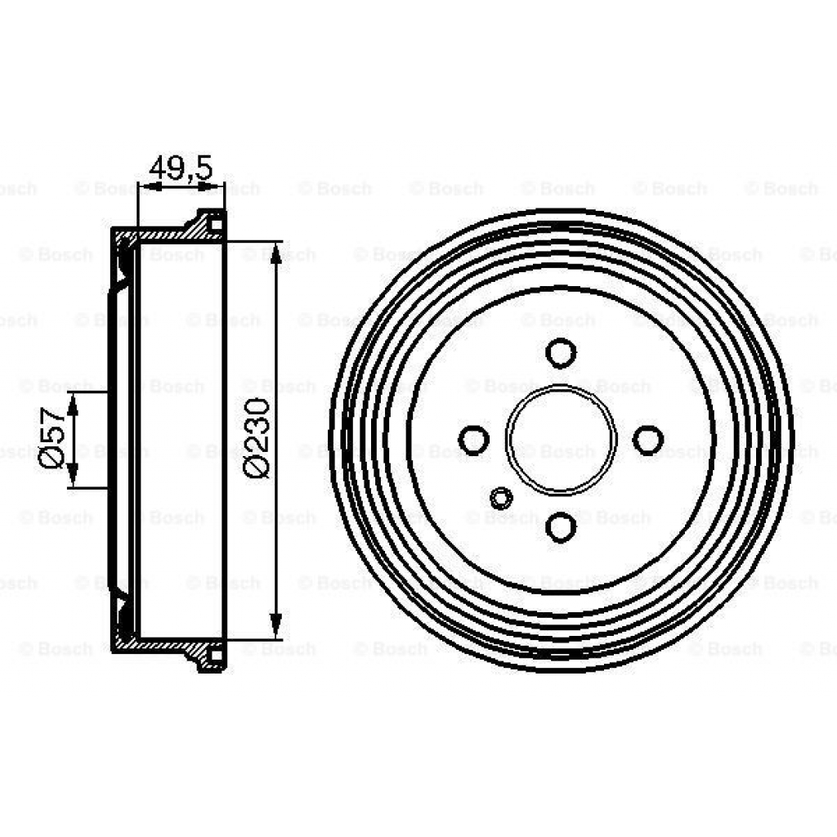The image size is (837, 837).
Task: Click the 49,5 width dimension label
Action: click(x=181, y=168)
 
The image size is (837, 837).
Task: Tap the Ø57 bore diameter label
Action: click(x=52, y=437)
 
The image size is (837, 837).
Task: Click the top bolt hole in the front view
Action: click(x=561, y=353)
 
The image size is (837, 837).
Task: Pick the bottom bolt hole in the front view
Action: click(x=561, y=527)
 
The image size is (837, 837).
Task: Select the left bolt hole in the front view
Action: click(x=473, y=440)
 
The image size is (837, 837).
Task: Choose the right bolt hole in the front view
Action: click(x=648, y=440)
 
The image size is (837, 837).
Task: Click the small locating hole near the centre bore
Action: click(x=501, y=498)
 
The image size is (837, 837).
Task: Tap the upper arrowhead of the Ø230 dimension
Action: click(x=275, y=253)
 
